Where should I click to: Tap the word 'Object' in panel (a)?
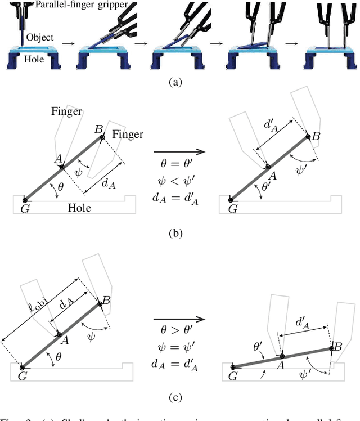tap(40, 38)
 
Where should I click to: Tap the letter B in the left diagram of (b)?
tap(100, 130)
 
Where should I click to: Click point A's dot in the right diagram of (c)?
tap(282, 356)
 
